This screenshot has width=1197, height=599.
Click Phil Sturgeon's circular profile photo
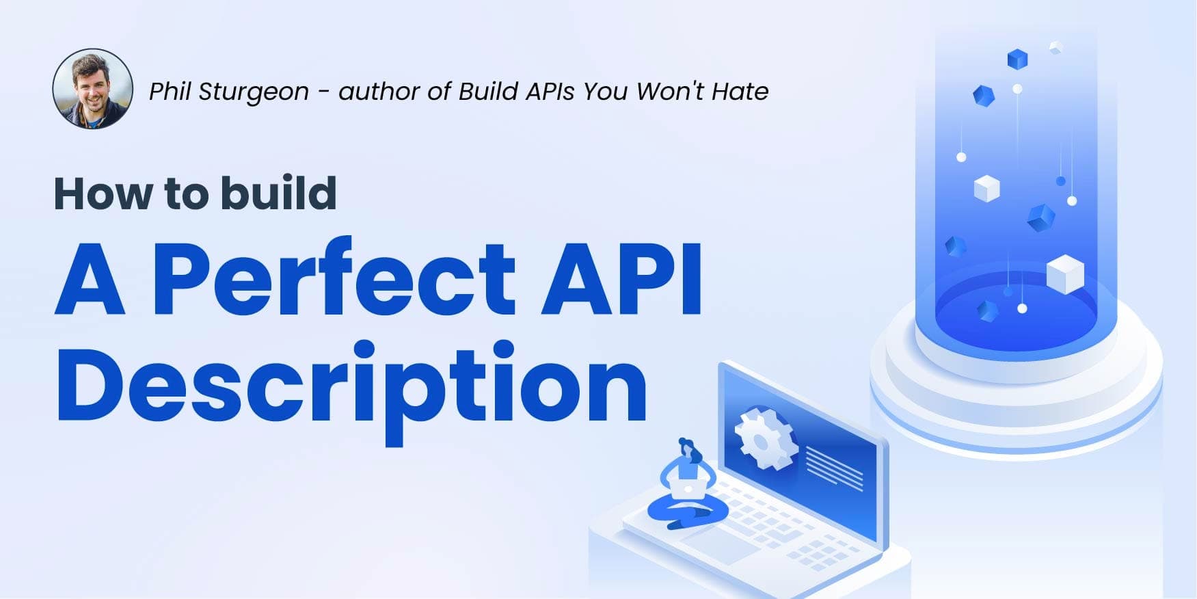tap(93, 89)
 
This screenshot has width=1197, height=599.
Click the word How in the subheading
tap(103, 194)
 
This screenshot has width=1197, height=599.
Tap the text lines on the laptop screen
tap(834, 468)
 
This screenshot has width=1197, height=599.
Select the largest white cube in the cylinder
tap(1064, 274)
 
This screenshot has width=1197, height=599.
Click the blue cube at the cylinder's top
tap(1017, 59)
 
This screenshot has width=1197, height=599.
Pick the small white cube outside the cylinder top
tap(1055, 47)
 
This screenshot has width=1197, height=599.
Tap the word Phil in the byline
tap(170, 91)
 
